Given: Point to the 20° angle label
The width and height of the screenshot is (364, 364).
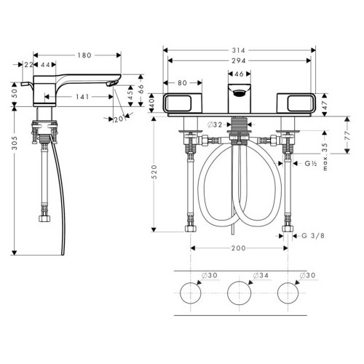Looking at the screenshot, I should click(x=121, y=119).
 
